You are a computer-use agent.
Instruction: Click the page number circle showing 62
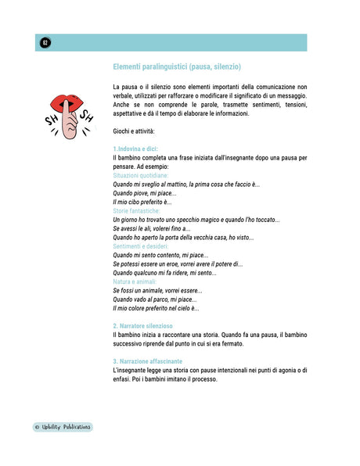[x=45, y=43]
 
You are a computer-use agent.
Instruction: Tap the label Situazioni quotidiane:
[x=142, y=175]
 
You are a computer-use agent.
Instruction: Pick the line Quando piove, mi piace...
[x=144, y=193]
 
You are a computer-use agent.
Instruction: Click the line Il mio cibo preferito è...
[x=142, y=202]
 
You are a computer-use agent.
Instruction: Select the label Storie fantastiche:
[x=137, y=211]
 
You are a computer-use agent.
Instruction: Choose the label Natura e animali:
[x=135, y=281]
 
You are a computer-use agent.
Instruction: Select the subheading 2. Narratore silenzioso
[x=143, y=326]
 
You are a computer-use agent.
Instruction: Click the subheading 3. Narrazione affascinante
[x=148, y=361]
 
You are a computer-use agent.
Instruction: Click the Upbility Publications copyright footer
[x=63, y=427]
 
